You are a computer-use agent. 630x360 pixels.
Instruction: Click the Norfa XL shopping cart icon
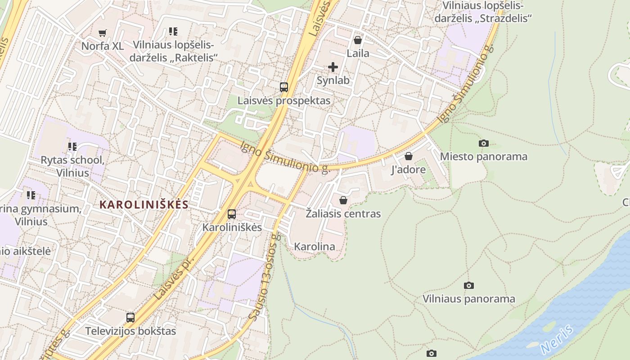click(103, 32)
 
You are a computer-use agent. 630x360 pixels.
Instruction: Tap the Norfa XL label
click(102, 46)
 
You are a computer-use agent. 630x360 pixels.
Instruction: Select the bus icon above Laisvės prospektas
click(284, 87)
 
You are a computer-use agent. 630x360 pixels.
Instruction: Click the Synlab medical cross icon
click(333, 67)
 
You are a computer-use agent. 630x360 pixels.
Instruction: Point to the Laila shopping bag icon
click(358, 40)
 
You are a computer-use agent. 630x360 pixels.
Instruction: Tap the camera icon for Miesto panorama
click(484, 143)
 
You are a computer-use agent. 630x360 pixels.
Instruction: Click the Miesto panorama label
click(483, 157)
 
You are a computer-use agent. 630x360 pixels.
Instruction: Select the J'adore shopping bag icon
click(409, 156)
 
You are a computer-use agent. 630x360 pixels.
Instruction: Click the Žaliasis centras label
click(343, 214)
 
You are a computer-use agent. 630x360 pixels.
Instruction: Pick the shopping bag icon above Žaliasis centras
click(343, 200)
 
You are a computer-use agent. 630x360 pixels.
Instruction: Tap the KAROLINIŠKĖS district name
click(144, 205)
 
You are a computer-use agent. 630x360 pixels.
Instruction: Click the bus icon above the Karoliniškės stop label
click(232, 214)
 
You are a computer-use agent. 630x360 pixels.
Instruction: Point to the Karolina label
click(315, 247)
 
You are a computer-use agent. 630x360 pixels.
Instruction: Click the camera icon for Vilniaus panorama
click(469, 285)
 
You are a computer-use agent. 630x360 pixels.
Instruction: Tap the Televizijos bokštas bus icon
click(130, 317)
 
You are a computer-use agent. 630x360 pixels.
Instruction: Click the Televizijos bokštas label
click(130, 331)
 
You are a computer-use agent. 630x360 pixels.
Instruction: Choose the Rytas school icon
click(72, 146)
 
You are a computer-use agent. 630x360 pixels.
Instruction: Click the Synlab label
click(333, 81)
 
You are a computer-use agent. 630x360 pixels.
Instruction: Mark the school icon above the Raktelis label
click(173, 31)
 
